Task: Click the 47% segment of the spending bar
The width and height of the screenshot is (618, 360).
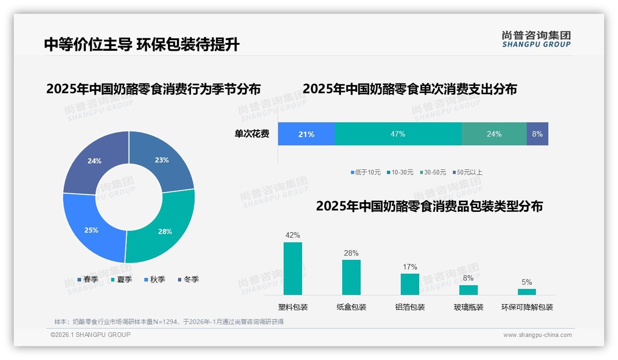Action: pos(398,134)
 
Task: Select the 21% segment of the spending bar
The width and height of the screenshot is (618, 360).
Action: pos(306,134)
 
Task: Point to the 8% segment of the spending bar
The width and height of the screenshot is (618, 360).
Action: pos(537,134)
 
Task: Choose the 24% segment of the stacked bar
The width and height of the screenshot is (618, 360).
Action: pos(494,134)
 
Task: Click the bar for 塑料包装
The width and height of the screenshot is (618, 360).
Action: pos(293,268)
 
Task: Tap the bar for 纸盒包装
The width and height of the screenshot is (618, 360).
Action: pos(351,277)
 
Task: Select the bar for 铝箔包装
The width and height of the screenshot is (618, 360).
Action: pos(410,284)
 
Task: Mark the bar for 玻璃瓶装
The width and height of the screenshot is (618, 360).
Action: pos(469,290)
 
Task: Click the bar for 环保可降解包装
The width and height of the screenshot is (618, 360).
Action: pos(527,292)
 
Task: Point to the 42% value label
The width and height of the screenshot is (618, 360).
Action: pos(293,235)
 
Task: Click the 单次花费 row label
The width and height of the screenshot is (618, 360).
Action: pos(252,134)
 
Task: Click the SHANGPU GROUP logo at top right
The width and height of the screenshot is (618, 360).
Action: pos(536,39)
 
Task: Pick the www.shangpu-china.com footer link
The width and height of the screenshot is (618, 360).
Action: pos(537,335)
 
